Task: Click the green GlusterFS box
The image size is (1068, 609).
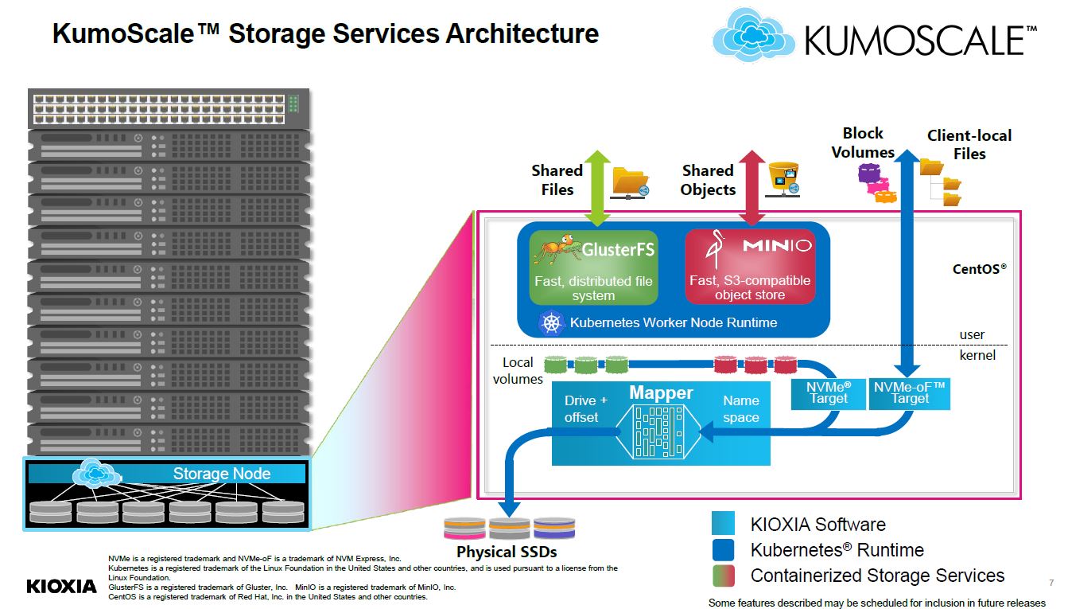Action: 594,266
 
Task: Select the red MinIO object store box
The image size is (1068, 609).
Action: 750,266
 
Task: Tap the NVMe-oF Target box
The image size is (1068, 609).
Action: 910,392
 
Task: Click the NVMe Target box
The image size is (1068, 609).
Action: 829,392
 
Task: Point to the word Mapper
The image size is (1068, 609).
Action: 661,392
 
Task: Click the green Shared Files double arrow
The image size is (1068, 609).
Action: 598,187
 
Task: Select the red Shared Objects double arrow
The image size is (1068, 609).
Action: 750,187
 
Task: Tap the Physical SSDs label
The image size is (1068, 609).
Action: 507,552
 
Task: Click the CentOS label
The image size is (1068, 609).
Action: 980,269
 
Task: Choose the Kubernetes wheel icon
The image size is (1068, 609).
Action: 551,322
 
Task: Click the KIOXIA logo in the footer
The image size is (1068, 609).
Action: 61,587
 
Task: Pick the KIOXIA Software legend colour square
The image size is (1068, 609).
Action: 723,524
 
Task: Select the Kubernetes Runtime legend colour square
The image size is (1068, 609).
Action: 723,550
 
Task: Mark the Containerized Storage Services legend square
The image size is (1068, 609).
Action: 723,576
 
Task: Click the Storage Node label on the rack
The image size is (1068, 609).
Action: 222,474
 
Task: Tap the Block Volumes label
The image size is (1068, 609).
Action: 863,142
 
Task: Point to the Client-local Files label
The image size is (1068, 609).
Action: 969,144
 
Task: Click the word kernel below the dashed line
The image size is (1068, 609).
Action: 977,355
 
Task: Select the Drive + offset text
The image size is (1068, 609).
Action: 585,408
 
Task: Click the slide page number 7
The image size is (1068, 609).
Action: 1051,583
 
